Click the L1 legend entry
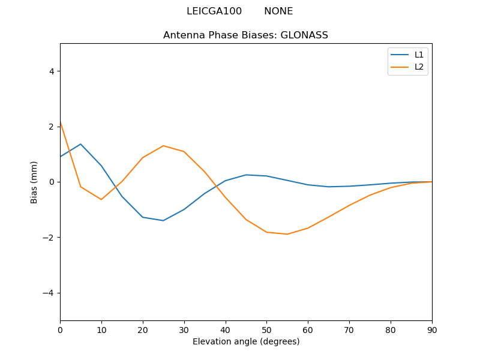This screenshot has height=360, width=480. click(x=419, y=55)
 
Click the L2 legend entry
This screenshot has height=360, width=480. click(x=419, y=67)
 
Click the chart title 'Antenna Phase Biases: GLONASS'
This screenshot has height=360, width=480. click(x=245, y=35)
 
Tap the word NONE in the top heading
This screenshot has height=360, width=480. click(x=278, y=11)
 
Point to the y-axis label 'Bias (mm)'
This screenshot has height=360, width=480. click(x=34, y=182)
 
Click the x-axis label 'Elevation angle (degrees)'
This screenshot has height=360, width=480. click(x=245, y=341)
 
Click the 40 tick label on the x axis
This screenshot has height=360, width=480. click(x=225, y=329)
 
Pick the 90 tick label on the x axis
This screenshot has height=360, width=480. click(x=431, y=329)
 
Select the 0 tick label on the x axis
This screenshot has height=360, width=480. click(x=60, y=329)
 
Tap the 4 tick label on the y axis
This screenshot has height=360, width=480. click(x=51, y=71)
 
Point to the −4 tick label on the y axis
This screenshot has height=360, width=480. click(x=49, y=293)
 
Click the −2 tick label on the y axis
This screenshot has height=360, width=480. click(x=49, y=238)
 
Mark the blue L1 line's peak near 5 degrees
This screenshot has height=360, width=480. click(x=80, y=144)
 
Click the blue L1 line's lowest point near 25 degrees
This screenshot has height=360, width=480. click(x=163, y=220)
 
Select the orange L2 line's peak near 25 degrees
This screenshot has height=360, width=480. click(x=163, y=146)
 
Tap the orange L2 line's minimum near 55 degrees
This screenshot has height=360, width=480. click(x=287, y=234)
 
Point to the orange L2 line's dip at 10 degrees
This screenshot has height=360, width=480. click(x=101, y=199)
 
